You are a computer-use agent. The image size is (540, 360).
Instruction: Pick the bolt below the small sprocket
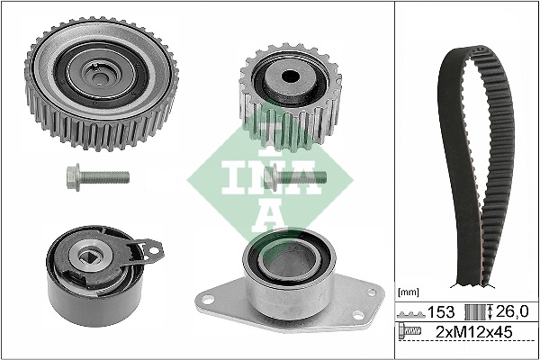click(x=297, y=178)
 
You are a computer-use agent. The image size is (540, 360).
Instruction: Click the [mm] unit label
click(x=408, y=292)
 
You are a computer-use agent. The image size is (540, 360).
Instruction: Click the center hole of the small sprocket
click(x=288, y=77)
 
